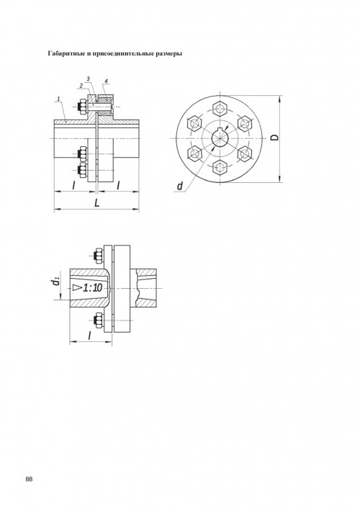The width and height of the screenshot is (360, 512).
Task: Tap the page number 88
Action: click(x=29, y=479)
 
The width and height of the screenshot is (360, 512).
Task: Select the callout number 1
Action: click(x=58, y=98)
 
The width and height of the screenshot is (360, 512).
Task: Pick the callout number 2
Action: click(x=81, y=86)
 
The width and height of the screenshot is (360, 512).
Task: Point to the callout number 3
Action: click(x=89, y=78)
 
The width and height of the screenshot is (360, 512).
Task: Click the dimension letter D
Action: click(x=275, y=137)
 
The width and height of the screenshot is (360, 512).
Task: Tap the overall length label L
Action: click(x=97, y=203)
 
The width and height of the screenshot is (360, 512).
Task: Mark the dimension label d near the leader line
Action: click(x=180, y=186)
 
